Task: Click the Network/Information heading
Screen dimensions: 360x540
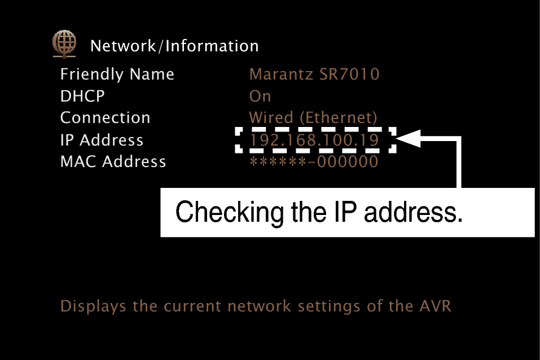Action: (x=174, y=46)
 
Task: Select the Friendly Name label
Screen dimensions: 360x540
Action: (x=117, y=74)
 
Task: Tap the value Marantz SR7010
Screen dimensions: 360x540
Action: (x=314, y=74)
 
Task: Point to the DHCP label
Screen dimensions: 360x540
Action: (x=82, y=96)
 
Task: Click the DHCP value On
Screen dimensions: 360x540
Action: (x=260, y=96)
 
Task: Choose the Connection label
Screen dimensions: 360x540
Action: (x=106, y=118)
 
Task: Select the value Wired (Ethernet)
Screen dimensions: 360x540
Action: (x=313, y=118)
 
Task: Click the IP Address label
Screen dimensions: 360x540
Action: (x=102, y=140)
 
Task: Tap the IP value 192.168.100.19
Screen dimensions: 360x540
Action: (x=314, y=140)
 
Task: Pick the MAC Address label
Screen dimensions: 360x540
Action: (x=113, y=162)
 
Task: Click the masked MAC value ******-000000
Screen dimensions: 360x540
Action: (x=314, y=162)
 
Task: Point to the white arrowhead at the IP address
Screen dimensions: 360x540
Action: (x=409, y=139)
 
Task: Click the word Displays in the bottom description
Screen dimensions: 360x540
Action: (x=94, y=306)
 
